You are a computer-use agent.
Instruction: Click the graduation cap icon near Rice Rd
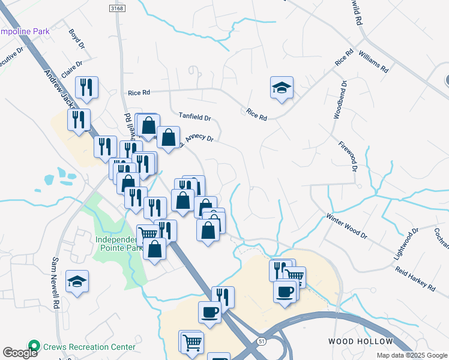tap(281, 88)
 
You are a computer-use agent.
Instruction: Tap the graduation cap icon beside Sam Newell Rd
tap(77, 281)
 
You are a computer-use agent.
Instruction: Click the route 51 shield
tap(261, 341)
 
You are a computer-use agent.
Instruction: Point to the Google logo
tap(20, 353)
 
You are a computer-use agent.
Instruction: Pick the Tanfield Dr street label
tap(195, 118)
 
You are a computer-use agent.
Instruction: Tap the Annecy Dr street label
tap(199, 138)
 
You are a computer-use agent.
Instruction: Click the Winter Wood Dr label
tap(346, 226)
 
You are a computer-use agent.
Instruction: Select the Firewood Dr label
tap(347, 157)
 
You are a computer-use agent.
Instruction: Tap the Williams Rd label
tap(373, 61)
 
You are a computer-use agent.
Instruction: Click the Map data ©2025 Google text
tap(411, 355)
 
